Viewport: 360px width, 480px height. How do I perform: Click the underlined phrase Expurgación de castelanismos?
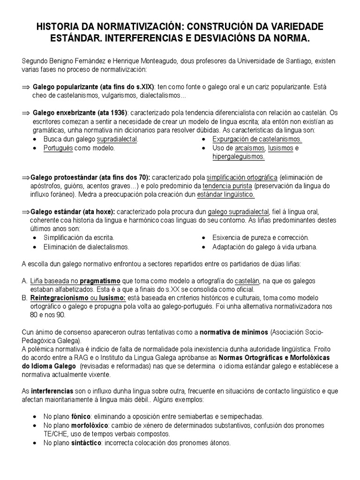(x=257, y=140)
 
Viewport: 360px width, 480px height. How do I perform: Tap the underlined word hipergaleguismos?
(x=239, y=157)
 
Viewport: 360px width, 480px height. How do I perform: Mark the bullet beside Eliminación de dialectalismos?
(x=36, y=247)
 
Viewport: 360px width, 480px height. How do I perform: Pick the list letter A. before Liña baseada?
(x=25, y=280)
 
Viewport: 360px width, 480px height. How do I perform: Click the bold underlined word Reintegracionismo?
(x=59, y=298)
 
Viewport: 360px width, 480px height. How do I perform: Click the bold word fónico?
(x=81, y=416)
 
